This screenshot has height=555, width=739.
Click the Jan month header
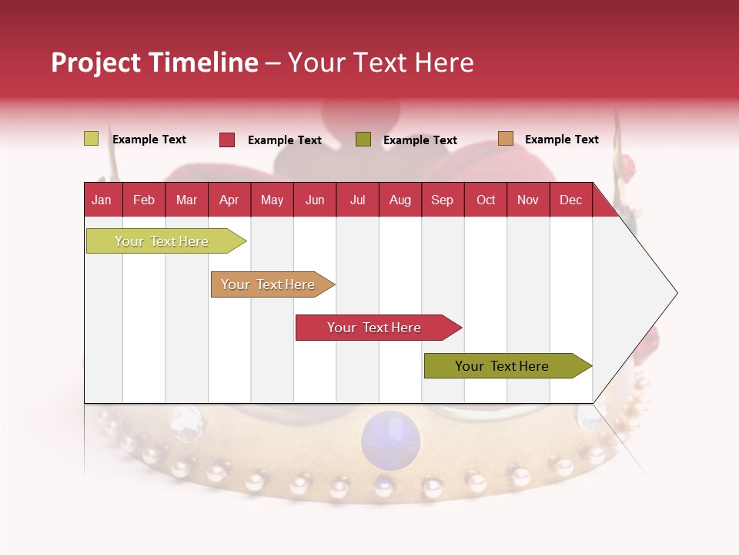[x=102, y=200]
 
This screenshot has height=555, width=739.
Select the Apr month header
[x=229, y=200]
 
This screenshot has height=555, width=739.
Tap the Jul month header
[x=357, y=200]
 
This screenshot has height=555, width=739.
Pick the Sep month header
[x=442, y=200]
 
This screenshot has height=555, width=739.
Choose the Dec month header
[x=570, y=200]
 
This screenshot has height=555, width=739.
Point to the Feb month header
[x=144, y=200]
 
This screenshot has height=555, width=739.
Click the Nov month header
[x=527, y=200]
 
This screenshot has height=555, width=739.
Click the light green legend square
[x=92, y=139]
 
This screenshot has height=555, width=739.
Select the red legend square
[x=227, y=140]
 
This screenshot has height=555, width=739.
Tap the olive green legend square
[x=363, y=140]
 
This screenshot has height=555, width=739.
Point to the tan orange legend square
[x=506, y=139]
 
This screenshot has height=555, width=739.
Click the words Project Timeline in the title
[x=154, y=62]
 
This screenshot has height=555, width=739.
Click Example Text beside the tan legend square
[x=561, y=140]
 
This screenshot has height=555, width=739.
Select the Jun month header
[x=315, y=200]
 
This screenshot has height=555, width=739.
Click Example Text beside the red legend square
[x=284, y=140]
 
